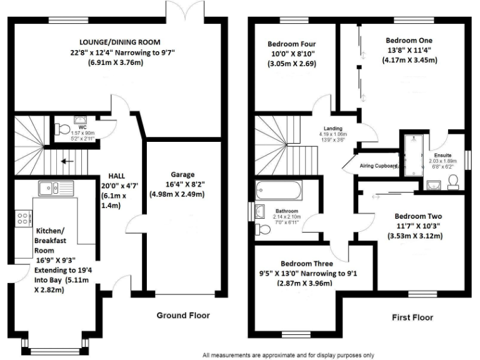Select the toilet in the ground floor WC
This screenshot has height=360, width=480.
point(61,129)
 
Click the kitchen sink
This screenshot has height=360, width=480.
point(49,187)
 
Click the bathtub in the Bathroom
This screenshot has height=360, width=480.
point(279,189)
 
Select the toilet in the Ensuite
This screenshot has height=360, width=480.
point(455,181)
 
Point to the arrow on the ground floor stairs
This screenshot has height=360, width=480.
point(65,162)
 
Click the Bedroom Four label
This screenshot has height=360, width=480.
point(292,44)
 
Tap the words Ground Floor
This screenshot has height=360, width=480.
point(183,315)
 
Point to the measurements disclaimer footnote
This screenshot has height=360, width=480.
point(288,354)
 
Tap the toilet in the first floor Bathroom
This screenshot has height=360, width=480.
point(265,229)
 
